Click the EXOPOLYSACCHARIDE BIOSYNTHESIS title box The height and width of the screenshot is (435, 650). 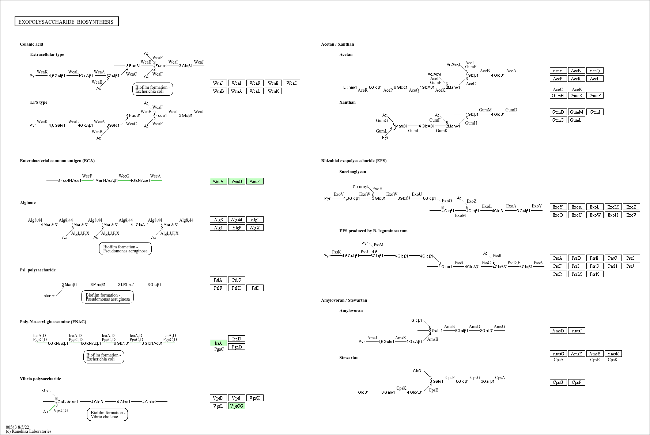tap(67, 22)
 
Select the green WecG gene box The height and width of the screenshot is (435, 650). tap(237, 181)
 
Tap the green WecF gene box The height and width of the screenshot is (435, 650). tap(255, 181)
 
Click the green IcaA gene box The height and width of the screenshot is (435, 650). tap(218, 343)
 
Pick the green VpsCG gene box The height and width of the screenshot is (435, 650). tap(237, 406)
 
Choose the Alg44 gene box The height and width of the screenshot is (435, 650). tap(237, 220)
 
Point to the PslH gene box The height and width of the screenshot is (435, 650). tap(237, 288)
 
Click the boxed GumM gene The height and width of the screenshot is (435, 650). tap(577, 112)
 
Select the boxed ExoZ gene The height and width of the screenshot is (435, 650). tap(631, 207)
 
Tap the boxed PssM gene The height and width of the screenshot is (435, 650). tap(577, 274)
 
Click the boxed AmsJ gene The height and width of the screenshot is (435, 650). tap(577, 331)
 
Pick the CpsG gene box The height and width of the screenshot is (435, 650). tap(558, 382)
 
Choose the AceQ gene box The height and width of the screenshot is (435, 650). tap(595, 70)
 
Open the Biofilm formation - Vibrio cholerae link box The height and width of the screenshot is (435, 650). tap(107, 415)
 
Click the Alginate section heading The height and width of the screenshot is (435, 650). tap(28, 203)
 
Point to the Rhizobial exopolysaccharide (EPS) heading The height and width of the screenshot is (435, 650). tap(354, 161)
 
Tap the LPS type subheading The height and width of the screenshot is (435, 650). tap(39, 102)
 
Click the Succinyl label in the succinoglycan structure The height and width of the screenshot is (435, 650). tap(360, 187)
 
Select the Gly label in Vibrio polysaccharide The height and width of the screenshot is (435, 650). tap(45, 390)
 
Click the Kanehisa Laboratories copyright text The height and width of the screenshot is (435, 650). tap(29, 431)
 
